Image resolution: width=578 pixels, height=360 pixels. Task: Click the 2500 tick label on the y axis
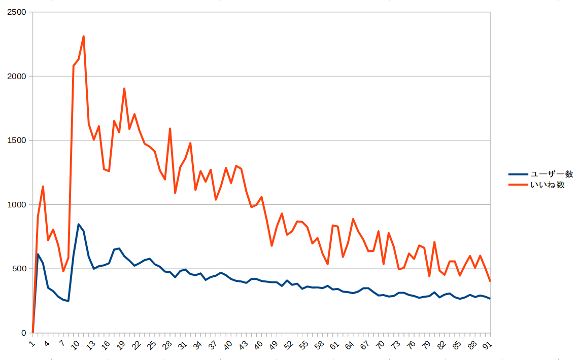[17, 12]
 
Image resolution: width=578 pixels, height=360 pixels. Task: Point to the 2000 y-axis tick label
[17, 76]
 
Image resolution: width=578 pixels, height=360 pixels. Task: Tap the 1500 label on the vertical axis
[17, 140]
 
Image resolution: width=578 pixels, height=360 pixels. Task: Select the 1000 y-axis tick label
[17, 204]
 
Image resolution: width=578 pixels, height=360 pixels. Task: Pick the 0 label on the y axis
[24, 333]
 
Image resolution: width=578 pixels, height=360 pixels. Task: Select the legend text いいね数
[548, 185]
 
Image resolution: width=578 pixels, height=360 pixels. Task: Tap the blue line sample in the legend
[518, 174]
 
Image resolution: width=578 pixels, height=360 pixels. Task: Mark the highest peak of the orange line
[83, 36]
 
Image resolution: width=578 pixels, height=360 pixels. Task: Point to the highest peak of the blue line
[78, 224]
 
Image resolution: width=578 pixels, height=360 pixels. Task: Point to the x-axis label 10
[76, 345]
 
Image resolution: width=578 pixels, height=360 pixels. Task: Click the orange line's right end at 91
[490, 280]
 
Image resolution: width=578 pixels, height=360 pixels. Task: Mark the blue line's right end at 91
[490, 299]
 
